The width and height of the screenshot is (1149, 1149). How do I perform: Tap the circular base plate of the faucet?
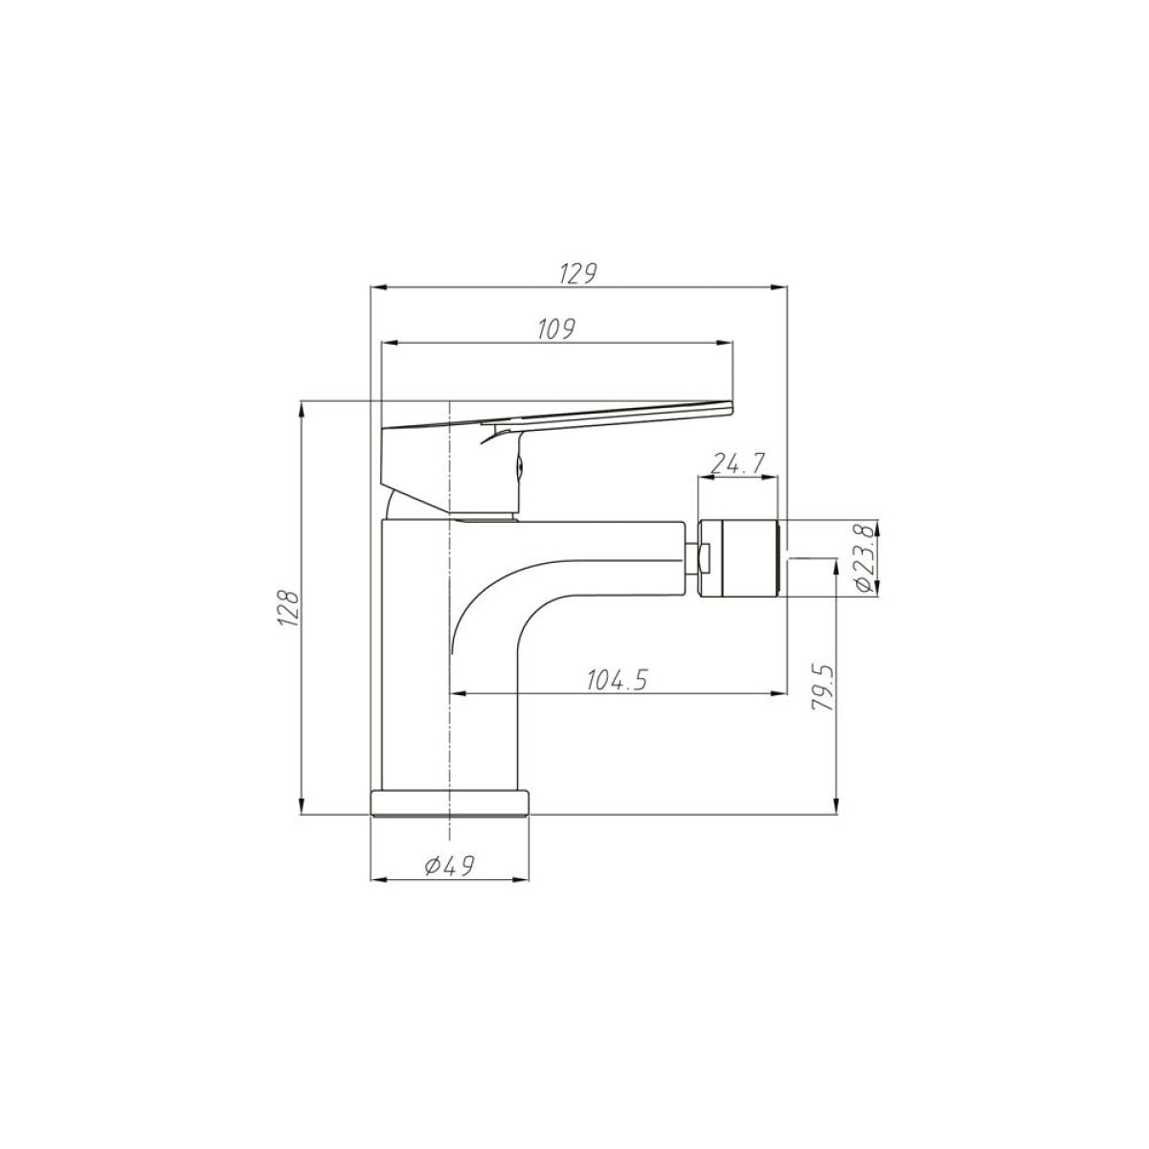click(x=449, y=802)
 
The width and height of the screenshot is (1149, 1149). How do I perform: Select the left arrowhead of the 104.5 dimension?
click(x=458, y=692)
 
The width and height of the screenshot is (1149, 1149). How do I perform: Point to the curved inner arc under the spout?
click(x=479, y=594)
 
